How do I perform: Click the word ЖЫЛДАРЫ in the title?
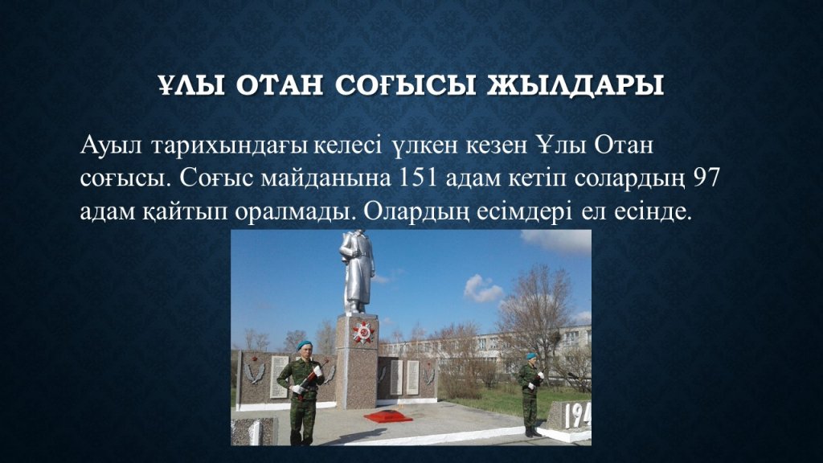pos(575,85)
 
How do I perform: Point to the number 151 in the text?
pos(418,178)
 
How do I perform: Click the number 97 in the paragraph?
pos(706,178)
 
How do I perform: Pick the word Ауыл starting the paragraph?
pos(111,145)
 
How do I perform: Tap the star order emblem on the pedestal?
pos(363,332)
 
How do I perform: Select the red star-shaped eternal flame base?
pos(388,416)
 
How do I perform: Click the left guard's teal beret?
pos(304,344)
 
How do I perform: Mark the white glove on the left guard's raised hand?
pos(317,371)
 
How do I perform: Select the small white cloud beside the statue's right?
pos(483,289)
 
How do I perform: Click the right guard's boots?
pos(532,432)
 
